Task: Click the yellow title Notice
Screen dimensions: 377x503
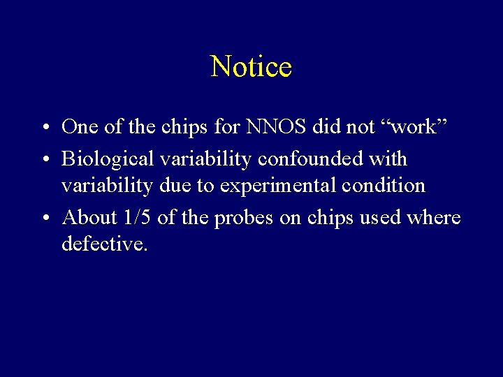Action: (251, 66)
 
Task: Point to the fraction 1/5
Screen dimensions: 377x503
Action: (137, 218)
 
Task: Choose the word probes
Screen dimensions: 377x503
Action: (245, 219)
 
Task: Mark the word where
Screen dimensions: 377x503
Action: (435, 218)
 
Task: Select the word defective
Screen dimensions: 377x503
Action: (105, 244)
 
